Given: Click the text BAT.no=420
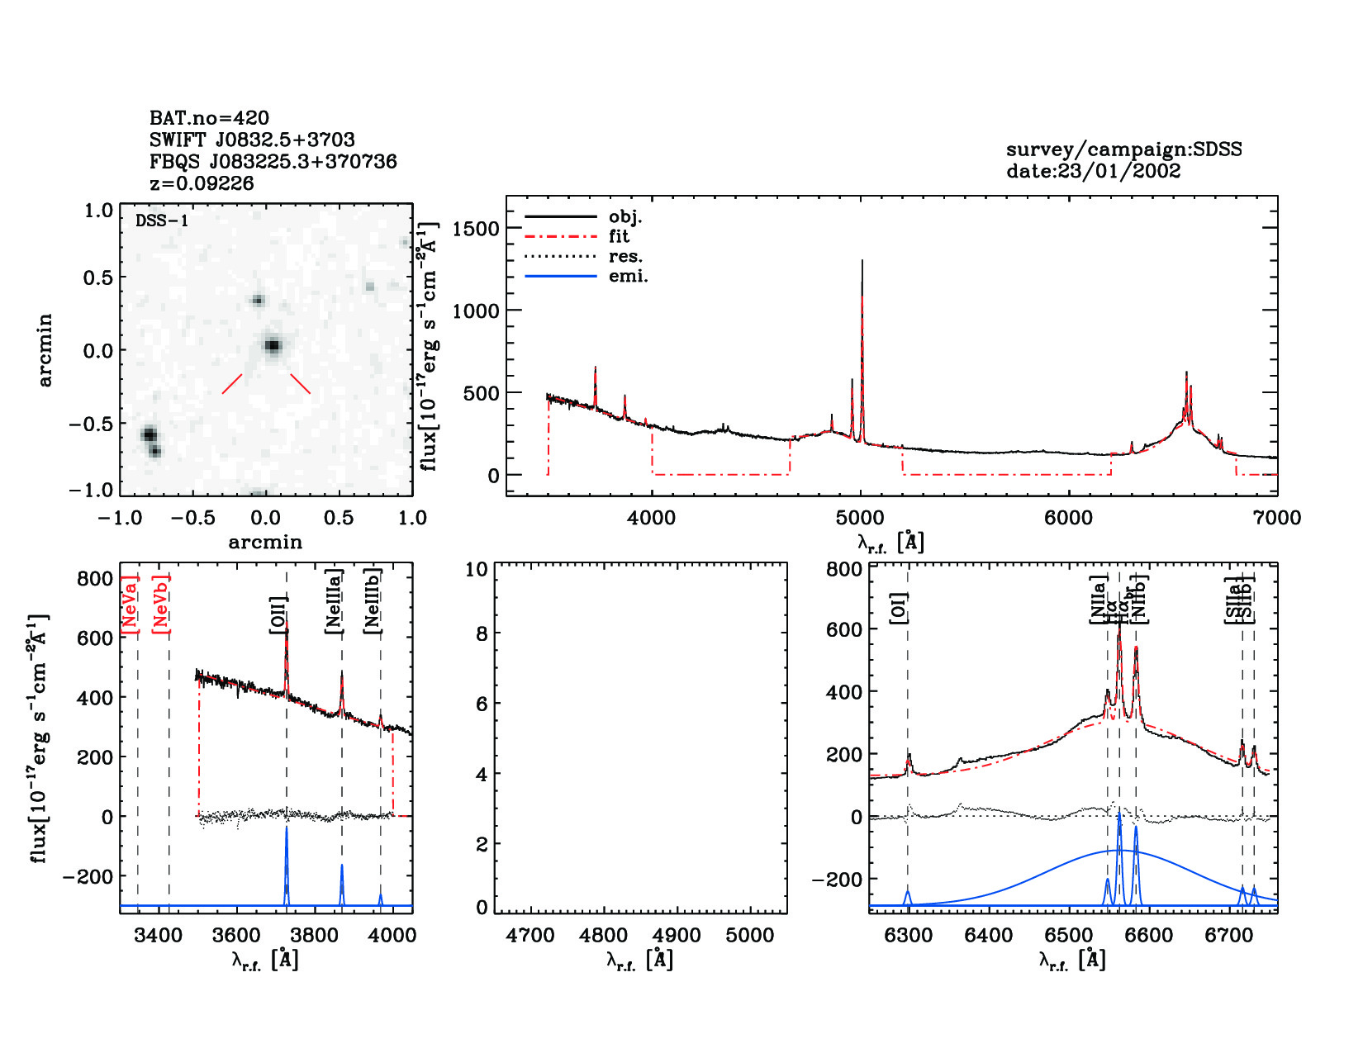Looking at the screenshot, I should click(x=209, y=118).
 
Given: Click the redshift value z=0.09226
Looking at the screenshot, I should click(x=202, y=183).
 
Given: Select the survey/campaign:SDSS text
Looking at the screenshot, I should click(x=1123, y=149).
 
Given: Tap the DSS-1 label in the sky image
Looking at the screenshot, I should click(x=161, y=221).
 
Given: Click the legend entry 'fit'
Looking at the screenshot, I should click(x=619, y=236).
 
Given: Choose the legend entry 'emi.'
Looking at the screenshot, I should click(x=628, y=277).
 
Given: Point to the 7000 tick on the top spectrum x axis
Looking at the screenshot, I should click(x=1276, y=518).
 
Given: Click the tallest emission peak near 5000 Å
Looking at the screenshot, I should click(x=862, y=263).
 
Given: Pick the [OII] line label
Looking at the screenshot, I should click(x=278, y=614).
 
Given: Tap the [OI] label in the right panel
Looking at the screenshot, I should click(x=899, y=608).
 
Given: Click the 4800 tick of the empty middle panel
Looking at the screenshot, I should click(x=604, y=936).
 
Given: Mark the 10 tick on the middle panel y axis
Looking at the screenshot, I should click(x=477, y=569).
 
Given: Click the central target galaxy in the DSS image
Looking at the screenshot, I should click(x=273, y=345).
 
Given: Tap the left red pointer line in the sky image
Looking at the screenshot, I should click(x=232, y=384).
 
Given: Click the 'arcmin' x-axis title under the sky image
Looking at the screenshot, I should click(x=265, y=543).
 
